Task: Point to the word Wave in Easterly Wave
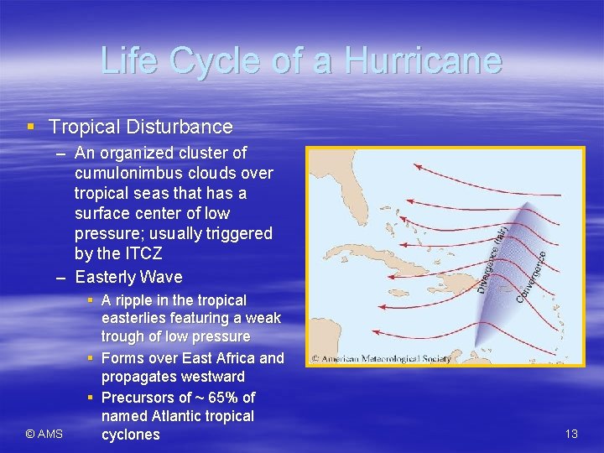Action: (164, 277)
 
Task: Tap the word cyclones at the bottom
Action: (130, 435)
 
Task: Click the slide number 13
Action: (571, 434)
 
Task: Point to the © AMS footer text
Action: (44, 434)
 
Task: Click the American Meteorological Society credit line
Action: (381, 358)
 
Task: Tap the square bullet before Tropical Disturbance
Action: (31, 128)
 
